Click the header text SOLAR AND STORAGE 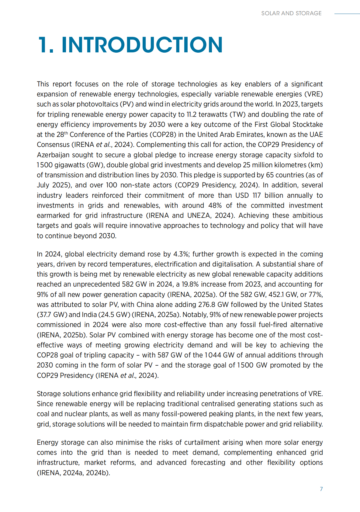(291, 13)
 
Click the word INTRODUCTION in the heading (142, 45)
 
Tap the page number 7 (321, 489)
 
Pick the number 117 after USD (257, 195)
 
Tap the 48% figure (215, 205)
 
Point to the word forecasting (208, 462)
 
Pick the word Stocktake (307, 124)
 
